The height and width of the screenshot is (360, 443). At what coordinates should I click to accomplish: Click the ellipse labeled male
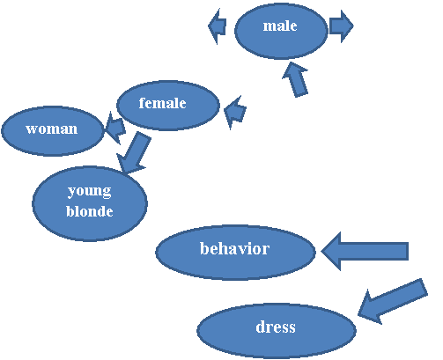281,31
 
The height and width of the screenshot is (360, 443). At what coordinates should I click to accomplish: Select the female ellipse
168,105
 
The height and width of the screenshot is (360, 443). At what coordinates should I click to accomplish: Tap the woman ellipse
53,131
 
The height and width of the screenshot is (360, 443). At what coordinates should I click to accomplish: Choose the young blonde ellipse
90,203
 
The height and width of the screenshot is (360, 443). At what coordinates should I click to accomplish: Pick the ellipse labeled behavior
235,253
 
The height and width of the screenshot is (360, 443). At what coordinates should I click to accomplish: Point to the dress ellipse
277,331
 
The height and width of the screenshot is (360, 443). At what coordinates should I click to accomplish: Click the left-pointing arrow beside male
218,26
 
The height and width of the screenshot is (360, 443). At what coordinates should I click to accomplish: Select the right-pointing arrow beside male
342,26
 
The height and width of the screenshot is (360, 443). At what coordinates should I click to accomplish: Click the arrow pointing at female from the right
235,113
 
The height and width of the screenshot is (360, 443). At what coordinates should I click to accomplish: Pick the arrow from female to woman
114,128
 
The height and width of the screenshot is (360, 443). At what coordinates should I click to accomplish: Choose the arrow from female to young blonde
134,153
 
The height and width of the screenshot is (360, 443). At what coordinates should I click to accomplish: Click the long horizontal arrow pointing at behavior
365,251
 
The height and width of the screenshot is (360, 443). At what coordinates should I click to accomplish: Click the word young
90,191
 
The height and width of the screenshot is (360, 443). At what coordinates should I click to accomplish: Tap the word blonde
90,211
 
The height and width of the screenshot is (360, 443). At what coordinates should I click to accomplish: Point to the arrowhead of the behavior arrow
321,251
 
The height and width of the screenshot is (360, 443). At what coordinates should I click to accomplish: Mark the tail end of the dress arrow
425,286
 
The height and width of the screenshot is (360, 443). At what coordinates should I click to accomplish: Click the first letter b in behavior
204,248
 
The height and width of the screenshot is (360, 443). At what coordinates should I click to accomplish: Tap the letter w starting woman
32,129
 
